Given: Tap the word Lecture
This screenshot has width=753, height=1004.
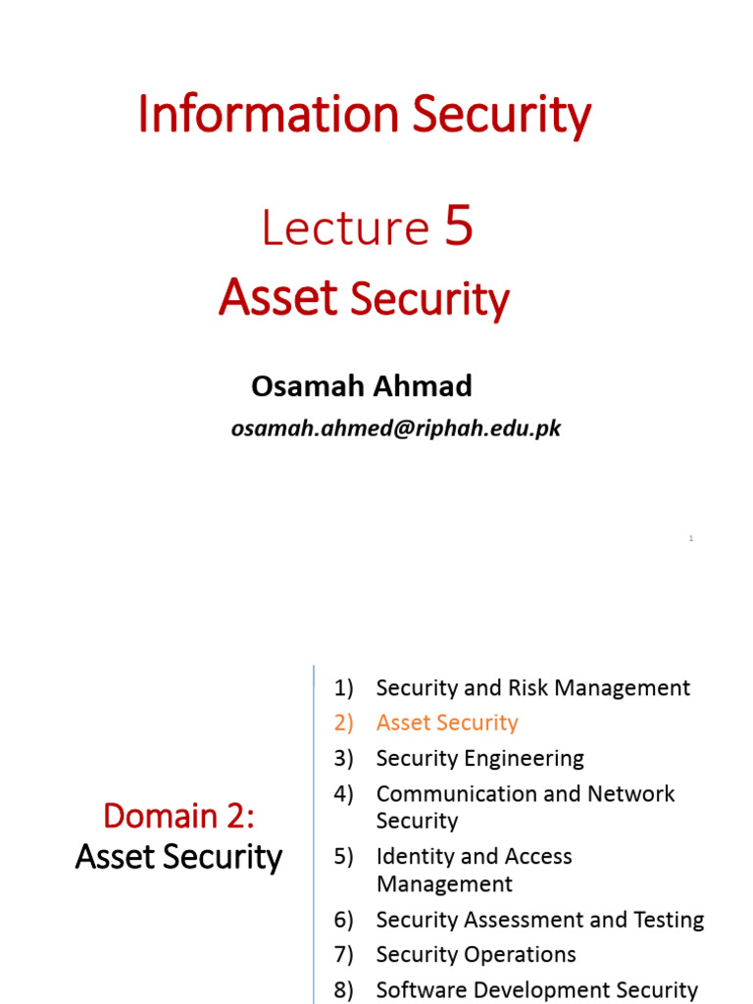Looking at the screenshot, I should tap(345, 228).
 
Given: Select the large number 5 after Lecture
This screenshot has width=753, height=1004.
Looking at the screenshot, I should tap(459, 226).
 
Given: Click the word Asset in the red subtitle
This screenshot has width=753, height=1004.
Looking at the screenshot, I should tap(278, 297).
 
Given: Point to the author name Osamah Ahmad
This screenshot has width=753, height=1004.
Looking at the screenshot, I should tap(361, 386).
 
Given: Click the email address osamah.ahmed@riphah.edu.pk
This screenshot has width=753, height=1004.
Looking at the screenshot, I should tap(395, 428).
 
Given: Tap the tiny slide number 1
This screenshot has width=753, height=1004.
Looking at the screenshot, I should tap(691, 538).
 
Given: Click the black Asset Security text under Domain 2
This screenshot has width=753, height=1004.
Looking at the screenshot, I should tap(178, 857).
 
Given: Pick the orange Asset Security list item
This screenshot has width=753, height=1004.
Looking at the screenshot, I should tap(446, 723).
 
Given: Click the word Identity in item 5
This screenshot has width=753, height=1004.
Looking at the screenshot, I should tap(415, 856).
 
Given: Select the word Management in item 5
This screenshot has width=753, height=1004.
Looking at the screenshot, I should tap(444, 883).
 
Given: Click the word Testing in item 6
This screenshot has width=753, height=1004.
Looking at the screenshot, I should tap(669, 920).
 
